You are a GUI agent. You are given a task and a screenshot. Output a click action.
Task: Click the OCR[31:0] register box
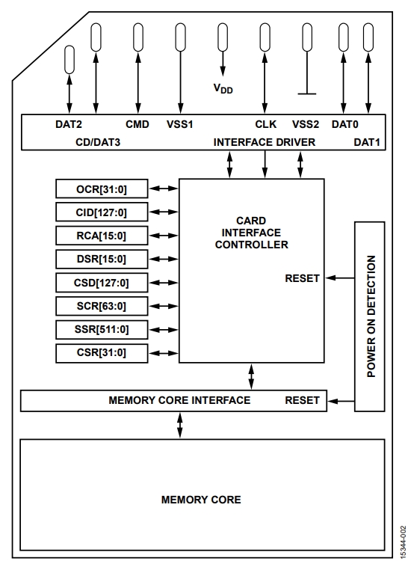(x=102, y=188)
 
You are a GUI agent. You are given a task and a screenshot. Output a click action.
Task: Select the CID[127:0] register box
(x=102, y=212)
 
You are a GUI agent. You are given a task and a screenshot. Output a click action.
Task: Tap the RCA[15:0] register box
(x=102, y=236)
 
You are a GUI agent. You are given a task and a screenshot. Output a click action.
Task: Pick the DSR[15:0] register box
(x=102, y=259)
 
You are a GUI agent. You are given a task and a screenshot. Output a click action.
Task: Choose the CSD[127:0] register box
(x=102, y=283)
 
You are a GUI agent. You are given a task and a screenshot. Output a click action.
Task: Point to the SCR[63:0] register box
(x=102, y=306)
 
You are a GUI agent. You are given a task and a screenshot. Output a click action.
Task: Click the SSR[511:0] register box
(x=102, y=330)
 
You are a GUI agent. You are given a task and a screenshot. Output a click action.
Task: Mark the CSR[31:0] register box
(x=102, y=353)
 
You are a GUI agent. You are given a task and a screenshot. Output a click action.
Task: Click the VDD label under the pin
(x=223, y=88)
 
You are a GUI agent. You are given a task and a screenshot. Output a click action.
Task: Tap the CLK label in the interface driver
(x=265, y=124)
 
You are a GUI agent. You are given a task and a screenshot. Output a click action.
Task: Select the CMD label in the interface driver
(x=137, y=124)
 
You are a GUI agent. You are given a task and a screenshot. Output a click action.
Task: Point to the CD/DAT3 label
(x=98, y=142)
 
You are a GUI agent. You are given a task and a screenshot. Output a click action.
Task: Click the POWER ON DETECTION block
(x=370, y=316)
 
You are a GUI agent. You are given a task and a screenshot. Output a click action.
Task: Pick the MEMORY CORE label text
(x=201, y=500)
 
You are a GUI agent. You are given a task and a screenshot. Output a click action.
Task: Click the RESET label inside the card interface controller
(x=302, y=278)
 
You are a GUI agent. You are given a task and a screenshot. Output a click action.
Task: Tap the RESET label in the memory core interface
(x=302, y=400)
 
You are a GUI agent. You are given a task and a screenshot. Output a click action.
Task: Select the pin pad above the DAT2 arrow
(x=69, y=60)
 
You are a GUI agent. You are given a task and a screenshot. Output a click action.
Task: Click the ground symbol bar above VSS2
(x=307, y=93)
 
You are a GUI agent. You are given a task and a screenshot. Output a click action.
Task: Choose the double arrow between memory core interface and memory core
(x=180, y=425)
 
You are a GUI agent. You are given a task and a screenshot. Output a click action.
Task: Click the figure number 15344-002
(x=404, y=542)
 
